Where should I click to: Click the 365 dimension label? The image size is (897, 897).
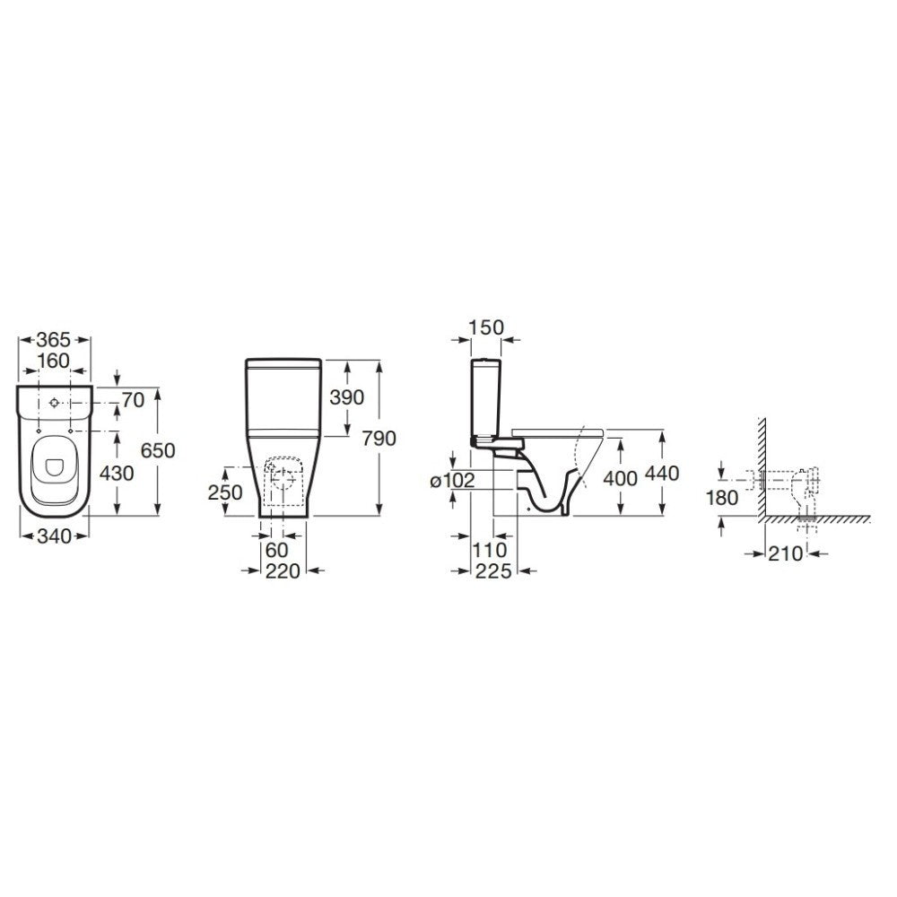[x=53, y=340]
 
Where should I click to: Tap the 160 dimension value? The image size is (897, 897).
[x=53, y=361]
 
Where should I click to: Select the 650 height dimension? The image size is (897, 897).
[x=158, y=450]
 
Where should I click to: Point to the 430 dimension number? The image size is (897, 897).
[x=117, y=473]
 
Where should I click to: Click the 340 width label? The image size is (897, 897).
[x=54, y=536]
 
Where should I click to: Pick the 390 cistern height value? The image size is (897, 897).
[x=346, y=397]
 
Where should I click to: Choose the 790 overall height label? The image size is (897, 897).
[x=379, y=439]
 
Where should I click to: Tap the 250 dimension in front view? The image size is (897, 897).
[x=225, y=492]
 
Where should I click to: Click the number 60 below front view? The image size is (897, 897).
[x=277, y=550]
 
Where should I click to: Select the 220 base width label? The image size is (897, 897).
[x=283, y=570]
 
